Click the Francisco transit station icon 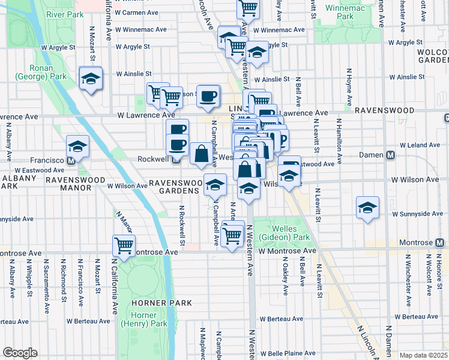pos(71,161)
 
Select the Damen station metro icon pos(391,156)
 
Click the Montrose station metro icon pos(441,243)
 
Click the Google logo pos(20,353)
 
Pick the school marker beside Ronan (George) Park pos(91,79)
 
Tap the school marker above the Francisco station pos(77,147)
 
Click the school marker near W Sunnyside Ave pos(367,208)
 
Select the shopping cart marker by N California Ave pos(124,245)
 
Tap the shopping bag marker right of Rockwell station pos(201,154)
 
